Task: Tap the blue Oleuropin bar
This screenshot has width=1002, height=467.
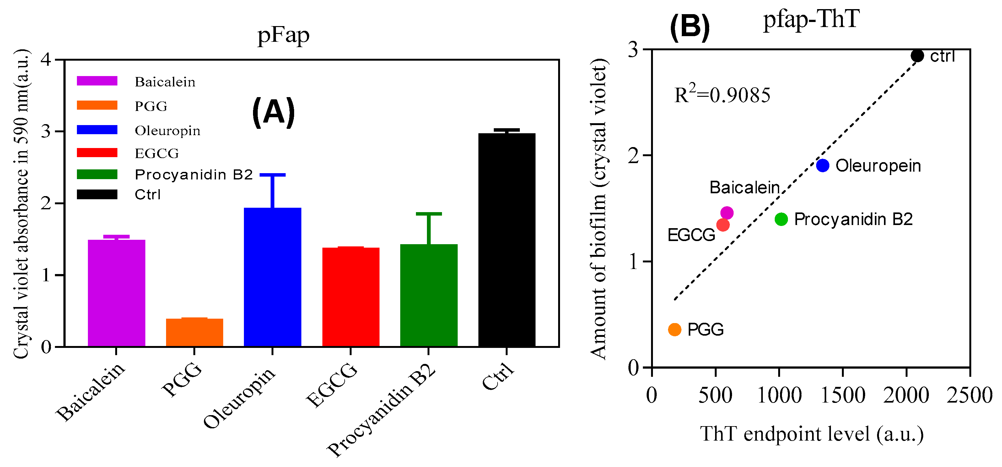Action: [x=272, y=277]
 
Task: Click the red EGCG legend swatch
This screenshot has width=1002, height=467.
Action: [x=97, y=153]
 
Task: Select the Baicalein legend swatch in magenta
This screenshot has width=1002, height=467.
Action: [x=97, y=81]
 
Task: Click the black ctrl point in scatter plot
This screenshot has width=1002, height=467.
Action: [x=917, y=56]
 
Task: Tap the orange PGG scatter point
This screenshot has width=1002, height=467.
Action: [x=675, y=330]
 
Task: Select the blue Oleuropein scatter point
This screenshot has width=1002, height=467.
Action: [x=823, y=166]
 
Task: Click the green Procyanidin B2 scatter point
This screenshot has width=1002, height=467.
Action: [x=781, y=219]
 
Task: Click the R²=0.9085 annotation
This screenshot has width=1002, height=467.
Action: [x=722, y=95]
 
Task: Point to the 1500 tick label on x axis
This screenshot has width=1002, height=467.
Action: [x=843, y=395]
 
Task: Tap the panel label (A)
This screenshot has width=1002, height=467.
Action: [x=273, y=113]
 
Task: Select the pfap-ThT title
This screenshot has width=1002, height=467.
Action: [x=811, y=19]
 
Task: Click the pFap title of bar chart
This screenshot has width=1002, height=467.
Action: [x=283, y=36]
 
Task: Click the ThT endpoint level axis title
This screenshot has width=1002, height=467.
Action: [x=811, y=433]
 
